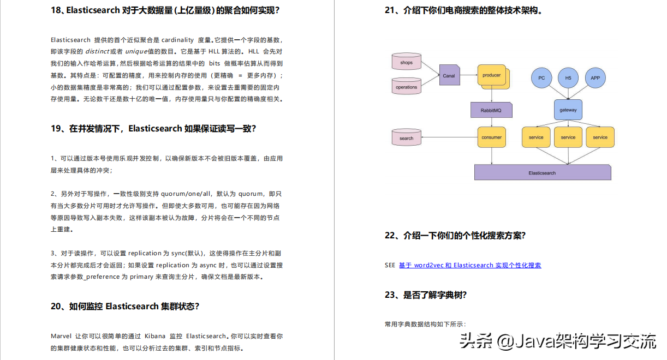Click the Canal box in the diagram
click(x=449, y=76)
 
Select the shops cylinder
click(x=407, y=63)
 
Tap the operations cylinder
click(x=407, y=87)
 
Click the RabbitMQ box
click(x=491, y=110)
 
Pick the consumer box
click(x=491, y=137)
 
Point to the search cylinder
click(x=407, y=138)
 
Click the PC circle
click(x=541, y=78)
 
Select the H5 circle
click(x=568, y=78)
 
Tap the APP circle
click(x=595, y=78)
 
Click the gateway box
click(x=568, y=110)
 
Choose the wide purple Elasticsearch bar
click(x=542, y=172)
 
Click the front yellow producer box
click(x=491, y=75)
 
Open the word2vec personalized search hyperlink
click(x=470, y=266)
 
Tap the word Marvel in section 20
click(x=61, y=336)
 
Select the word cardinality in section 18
click(x=177, y=40)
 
